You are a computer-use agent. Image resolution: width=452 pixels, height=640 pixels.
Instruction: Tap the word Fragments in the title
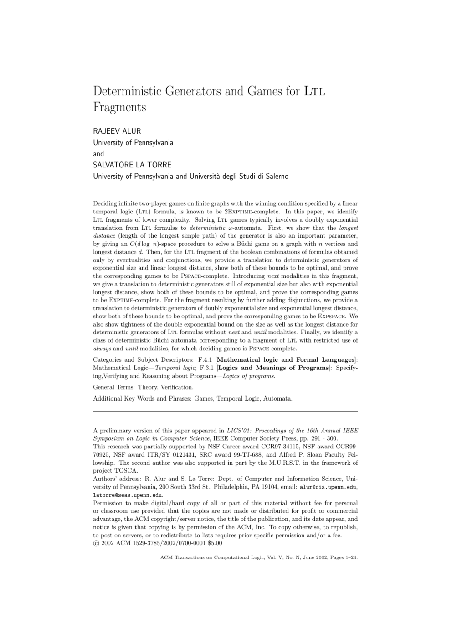tap(119, 108)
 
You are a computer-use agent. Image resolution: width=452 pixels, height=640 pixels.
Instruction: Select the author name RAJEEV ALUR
tap(117, 131)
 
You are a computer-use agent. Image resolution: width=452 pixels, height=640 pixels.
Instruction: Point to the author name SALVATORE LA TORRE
tap(132, 165)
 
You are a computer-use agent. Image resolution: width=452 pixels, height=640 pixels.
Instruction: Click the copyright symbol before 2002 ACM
tap(96, 543)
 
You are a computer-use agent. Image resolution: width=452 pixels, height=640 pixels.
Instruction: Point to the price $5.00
tap(215, 543)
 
